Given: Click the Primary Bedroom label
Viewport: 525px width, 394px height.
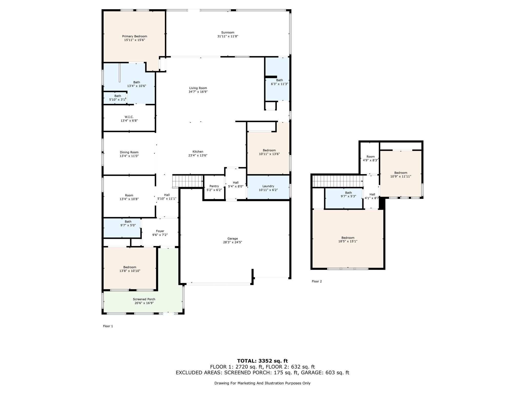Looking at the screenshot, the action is click(135, 36).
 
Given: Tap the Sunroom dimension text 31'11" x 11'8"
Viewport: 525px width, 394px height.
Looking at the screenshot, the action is click(228, 36).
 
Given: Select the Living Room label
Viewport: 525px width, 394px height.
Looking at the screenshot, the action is click(198, 88).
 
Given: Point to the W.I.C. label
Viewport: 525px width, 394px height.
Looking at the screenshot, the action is click(129, 117).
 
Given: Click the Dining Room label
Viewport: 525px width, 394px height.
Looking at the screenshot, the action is click(129, 152).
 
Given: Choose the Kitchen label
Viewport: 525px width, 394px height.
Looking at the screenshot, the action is click(198, 152).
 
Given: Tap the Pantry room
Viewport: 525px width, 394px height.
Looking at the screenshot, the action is click(214, 188).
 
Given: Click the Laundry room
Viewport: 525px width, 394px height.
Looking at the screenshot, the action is click(268, 187).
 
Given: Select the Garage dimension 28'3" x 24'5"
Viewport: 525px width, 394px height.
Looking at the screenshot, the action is click(233, 242).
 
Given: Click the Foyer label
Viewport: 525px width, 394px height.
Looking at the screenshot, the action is click(160, 231).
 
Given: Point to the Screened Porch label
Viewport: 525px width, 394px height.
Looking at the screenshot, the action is click(144, 299).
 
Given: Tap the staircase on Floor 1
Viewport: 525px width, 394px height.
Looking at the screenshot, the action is click(188, 181).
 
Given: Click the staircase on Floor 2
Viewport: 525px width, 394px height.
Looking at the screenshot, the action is click(338, 181).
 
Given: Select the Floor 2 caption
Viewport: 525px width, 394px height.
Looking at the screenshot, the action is click(317, 281).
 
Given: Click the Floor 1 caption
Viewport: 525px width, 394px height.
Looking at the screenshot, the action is click(108, 326).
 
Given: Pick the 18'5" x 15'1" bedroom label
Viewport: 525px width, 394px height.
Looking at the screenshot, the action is click(348, 240).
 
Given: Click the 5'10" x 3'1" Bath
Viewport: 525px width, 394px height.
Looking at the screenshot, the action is click(115, 98).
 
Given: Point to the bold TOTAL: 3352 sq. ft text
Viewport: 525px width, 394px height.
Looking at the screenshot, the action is click(262, 361).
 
